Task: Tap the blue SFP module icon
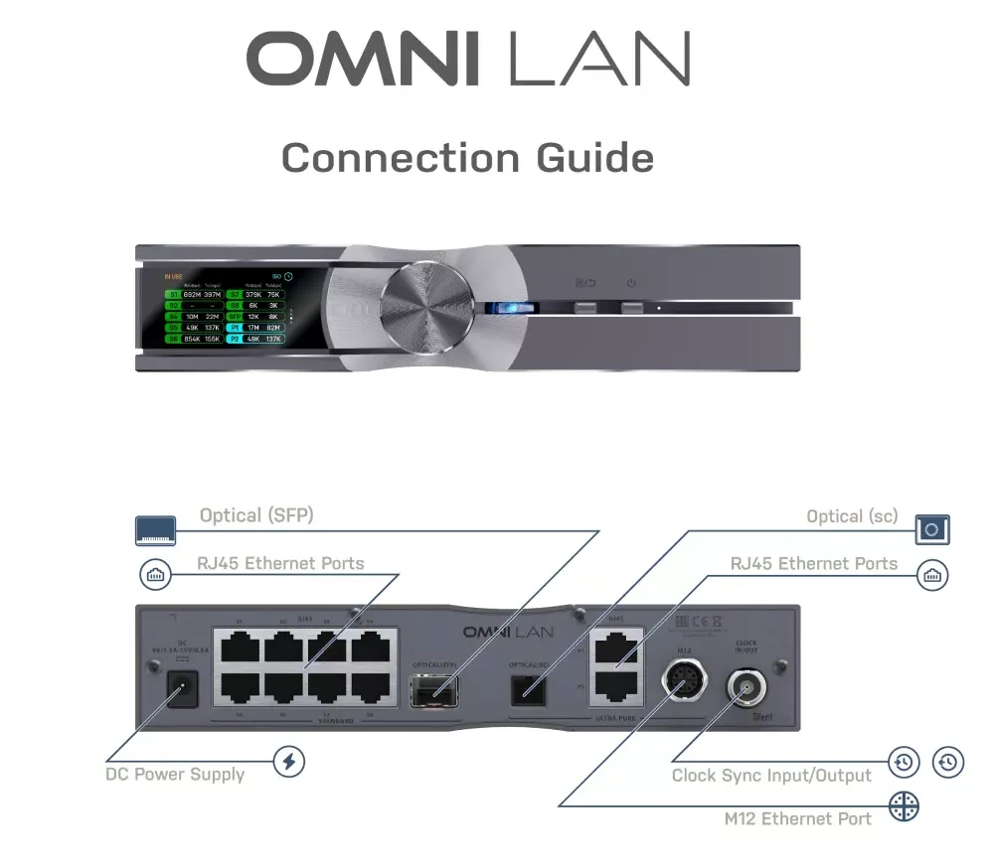click(x=156, y=530)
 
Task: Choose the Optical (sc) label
click(x=852, y=516)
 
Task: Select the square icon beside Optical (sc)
click(x=931, y=529)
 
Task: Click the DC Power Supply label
click(x=175, y=775)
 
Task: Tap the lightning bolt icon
click(x=289, y=762)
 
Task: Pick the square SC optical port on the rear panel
click(x=528, y=687)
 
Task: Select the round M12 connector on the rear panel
click(x=684, y=685)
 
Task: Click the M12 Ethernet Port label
click(x=798, y=819)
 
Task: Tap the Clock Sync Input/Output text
click(x=771, y=776)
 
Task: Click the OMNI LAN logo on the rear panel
click(x=508, y=632)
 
